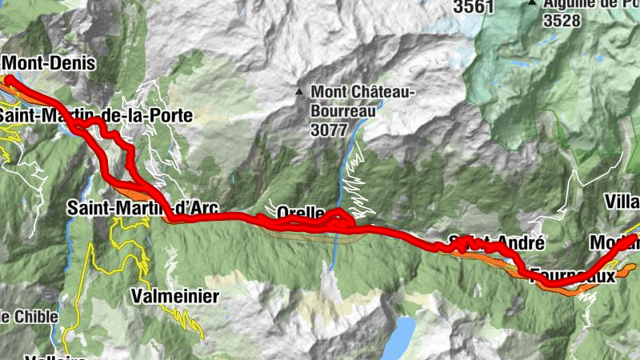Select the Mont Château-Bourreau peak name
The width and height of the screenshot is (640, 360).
click(x=362, y=100)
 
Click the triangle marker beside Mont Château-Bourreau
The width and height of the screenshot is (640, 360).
click(x=299, y=92)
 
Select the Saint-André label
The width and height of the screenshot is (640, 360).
click(x=496, y=242)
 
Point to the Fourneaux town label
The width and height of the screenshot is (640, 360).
click(x=573, y=275)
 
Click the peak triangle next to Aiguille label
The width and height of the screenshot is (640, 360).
click(x=532, y=3)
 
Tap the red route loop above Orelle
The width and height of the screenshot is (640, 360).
click(x=339, y=214)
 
